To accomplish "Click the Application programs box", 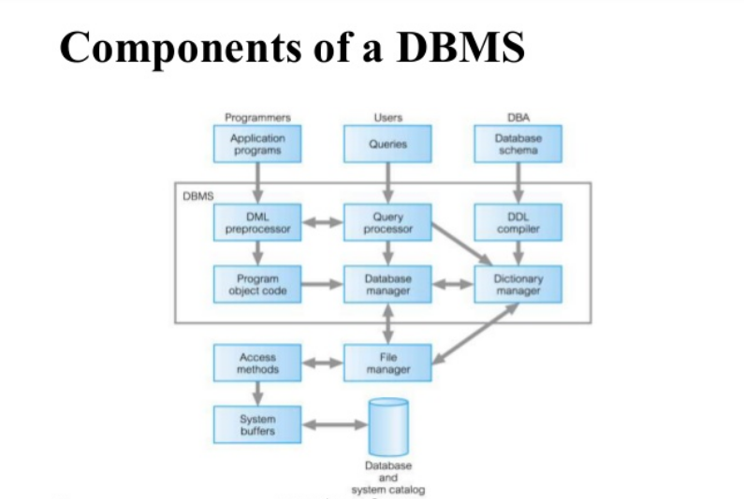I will tap(257, 144).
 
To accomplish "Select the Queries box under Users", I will tap(388, 144).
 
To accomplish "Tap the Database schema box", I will tap(518, 144).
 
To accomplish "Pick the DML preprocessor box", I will tap(257, 222).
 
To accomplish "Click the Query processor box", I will tap(388, 222).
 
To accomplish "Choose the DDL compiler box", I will tap(518, 222).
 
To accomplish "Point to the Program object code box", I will tap(257, 284).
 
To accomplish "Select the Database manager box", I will tap(388, 284).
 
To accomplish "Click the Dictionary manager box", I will tap(518, 284).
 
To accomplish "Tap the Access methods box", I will tap(257, 363).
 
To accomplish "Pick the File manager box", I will tap(388, 363).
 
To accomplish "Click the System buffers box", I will tap(257, 424).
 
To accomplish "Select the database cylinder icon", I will tap(388, 427).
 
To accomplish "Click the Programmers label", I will tap(257, 118).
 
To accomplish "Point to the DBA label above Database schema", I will tap(518, 118).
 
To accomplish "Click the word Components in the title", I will tap(169, 47).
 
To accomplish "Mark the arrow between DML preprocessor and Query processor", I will tap(323, 223).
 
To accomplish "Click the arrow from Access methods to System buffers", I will tap(257, 393).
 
